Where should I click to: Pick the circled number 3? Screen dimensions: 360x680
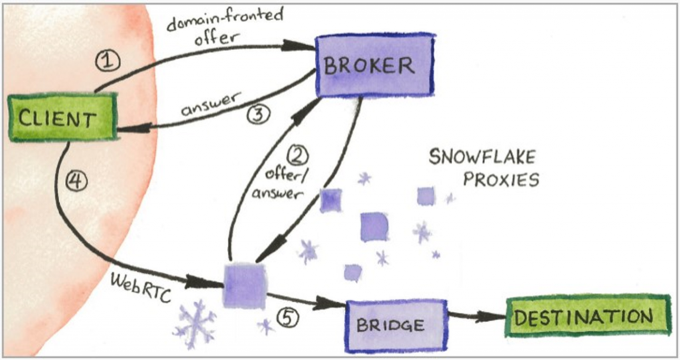pyautogui.click(x=257, y=114)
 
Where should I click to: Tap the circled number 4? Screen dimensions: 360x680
pyautogui.click(x=77, y=181)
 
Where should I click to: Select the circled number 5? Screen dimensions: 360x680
pyautogui.click(x=287, y=317)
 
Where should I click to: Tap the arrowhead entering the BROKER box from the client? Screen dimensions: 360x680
pyautogui.click(x=301, y=46)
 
